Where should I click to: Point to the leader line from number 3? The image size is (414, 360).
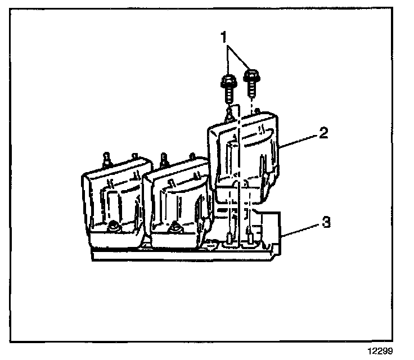coord(301,228)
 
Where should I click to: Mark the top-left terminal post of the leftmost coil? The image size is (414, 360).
coord(105,158)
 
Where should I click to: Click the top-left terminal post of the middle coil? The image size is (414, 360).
coord(163,159)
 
